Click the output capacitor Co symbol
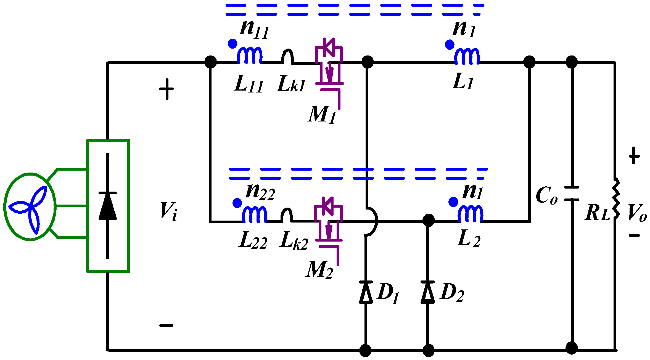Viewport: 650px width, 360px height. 572,194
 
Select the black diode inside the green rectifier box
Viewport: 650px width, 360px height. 107,206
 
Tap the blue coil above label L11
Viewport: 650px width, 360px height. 250,55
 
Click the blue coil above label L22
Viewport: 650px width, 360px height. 254,215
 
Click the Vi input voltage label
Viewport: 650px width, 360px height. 169,211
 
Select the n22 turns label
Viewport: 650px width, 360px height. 260,191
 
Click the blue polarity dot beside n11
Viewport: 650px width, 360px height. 232,44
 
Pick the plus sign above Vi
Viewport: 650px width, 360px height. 166,89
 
